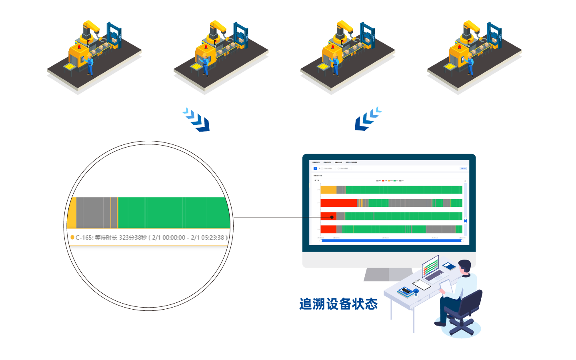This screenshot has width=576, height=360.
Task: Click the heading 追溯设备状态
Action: (x=338, y=304)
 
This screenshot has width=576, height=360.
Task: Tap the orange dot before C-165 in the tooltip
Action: (x=72, y=237)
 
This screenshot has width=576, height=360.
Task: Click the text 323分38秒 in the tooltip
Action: (x=133, y=238)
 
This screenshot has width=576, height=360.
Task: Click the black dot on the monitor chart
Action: (x=332, y=217)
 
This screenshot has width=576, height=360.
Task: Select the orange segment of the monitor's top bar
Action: (x=328, y=190)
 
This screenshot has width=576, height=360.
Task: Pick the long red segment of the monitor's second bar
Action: (x=338, y=203)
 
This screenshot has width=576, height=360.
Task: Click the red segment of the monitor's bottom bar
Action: (x=328, y=229)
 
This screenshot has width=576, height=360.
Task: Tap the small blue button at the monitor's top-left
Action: (x=315, y=168)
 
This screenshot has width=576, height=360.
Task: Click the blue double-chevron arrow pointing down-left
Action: (x=368, y=119)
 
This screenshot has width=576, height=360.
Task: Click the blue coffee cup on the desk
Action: (x=416, y=291)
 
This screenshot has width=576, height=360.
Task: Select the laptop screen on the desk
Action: (x=430, y=264)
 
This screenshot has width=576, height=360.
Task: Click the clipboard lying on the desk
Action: (x=422, y=285)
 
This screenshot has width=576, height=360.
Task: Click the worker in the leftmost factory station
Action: (x=90, y=65)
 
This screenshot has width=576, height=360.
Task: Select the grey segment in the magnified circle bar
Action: (x=93, y=213)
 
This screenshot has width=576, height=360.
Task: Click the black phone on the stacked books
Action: (x=406, y=291)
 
